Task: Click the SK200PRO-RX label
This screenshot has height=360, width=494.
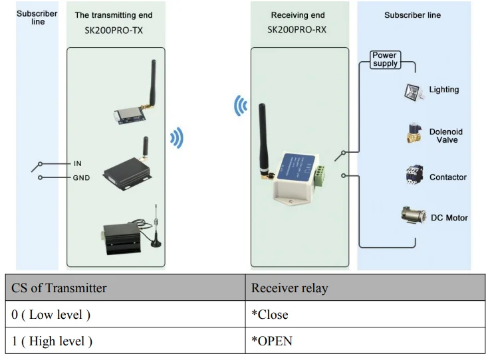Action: point(297,30)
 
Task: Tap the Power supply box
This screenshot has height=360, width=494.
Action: point(385,60)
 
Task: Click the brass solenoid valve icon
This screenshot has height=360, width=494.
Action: point(414,134)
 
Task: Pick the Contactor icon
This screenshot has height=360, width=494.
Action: point(414,175)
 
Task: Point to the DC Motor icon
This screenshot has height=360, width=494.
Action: point(414,216)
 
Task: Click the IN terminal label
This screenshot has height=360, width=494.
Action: point(78,163)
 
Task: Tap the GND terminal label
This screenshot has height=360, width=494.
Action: point(80,178)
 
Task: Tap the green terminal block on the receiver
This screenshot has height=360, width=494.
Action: point(322,174)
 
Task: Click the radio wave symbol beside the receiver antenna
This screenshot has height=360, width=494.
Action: point(240,106)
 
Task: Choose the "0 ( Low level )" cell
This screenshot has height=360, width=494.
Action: point(126,315)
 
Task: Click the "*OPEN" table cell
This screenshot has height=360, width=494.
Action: point(365,341)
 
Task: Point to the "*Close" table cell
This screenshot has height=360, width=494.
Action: point(365,315)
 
